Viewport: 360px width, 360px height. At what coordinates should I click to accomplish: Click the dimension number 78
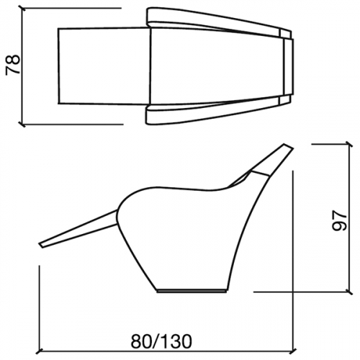[x=12, y=66]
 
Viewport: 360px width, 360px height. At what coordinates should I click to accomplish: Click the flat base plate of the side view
[x=192, y=291]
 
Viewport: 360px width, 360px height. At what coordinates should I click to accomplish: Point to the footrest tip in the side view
[x=41, y=245]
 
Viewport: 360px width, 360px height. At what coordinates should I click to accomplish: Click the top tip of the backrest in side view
[x=288, y=146]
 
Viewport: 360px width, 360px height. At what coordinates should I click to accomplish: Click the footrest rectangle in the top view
[x=104, y=66]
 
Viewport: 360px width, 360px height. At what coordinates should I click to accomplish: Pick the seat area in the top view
[x=216, y=66]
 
